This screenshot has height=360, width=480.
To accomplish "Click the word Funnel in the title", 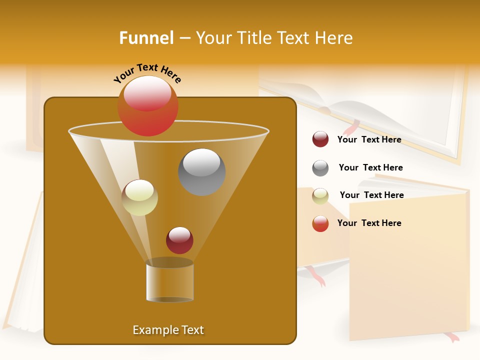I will [146, 38].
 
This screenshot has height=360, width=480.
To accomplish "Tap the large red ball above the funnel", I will [147, 106].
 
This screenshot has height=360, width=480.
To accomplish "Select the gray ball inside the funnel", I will [201, 172].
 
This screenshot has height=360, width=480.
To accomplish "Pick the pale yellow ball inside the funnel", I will [139, 197].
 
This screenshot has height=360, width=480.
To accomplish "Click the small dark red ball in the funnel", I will [179, 240].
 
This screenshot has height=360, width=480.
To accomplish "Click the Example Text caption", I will [168, 330].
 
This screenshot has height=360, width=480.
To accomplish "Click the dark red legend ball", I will [320, 139].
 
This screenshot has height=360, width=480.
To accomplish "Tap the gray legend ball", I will [320, 168].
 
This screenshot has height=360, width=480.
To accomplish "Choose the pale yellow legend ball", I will [320, 196].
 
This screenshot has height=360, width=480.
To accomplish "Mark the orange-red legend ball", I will [320, 223].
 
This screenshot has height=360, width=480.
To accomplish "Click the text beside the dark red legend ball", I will [369, 140].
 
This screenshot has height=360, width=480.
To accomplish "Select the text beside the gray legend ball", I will [370, 168].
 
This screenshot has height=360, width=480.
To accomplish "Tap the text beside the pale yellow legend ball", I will [371, 195].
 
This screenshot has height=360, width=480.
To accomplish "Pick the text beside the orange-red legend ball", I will [369, 223].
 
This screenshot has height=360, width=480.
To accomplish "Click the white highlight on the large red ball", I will [147, 93].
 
